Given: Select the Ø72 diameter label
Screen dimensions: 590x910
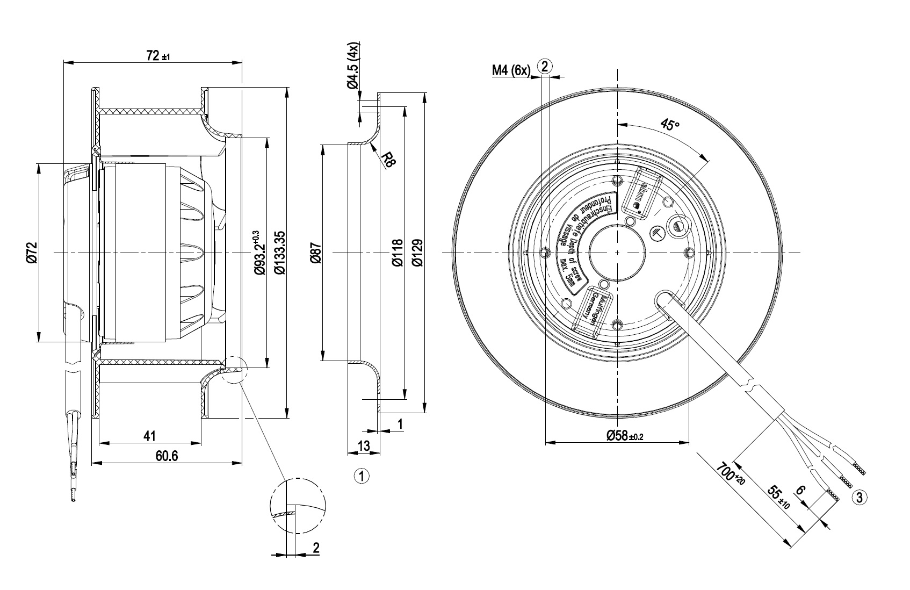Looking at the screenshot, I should [x=32, y=253].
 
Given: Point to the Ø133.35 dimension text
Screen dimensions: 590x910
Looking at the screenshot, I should [x=279, y=253].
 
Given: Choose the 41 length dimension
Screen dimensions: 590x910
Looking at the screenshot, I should [x=150, y=436].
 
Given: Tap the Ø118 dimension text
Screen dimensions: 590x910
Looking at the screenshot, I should [x=397, y=253].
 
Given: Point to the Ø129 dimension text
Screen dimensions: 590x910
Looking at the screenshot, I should [x=417, y=253].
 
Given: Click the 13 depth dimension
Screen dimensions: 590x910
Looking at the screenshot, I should [x=364, y=445].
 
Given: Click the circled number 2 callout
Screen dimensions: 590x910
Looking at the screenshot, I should [x=545, y=67].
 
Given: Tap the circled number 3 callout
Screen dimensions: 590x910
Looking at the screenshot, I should [x=860, y=497].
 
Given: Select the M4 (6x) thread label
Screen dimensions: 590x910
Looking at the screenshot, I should [x=511, y=70].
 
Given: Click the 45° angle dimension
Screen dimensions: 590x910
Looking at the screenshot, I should [x=669, y=125].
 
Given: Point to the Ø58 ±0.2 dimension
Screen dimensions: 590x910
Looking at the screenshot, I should [x=625, y=436].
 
